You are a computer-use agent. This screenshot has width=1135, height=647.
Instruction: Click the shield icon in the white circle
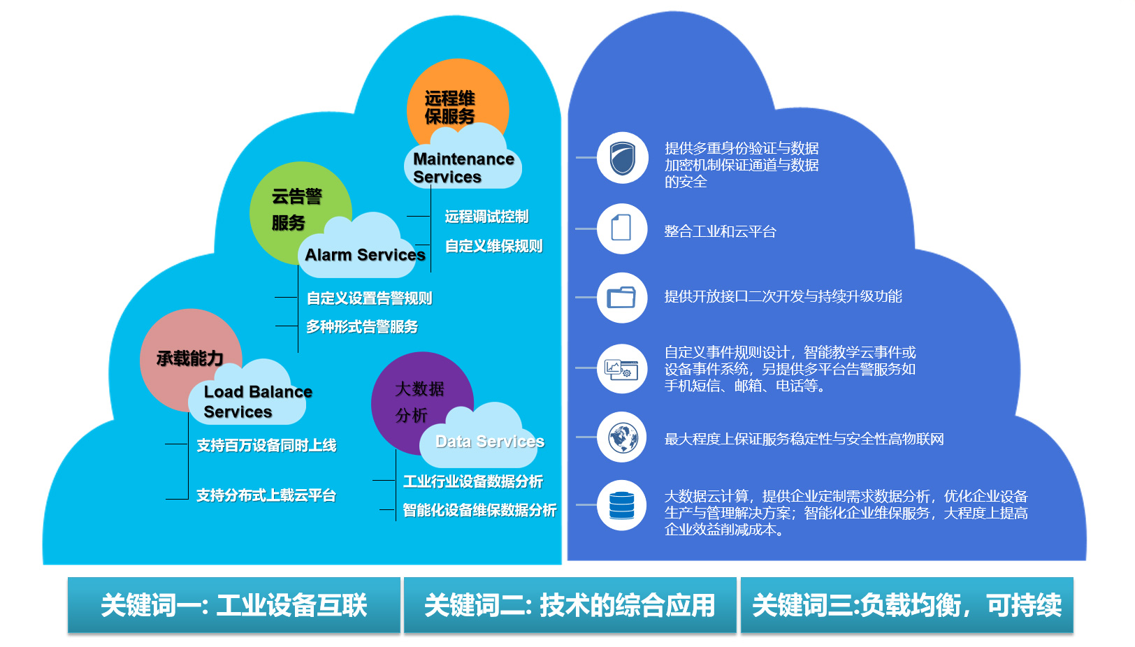coord(622,158)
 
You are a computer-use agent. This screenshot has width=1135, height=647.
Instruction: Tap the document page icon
coord(621,228)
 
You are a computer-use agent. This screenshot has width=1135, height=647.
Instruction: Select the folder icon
coord(622,297)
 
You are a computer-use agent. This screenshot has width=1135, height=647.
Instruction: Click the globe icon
coord(623,437)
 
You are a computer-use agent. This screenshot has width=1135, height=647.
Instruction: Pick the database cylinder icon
coord(622,506)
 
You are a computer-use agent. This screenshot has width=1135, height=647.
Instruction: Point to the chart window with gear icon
coord(621,369)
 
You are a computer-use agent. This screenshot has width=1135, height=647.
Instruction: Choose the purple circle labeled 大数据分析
coord(421,401)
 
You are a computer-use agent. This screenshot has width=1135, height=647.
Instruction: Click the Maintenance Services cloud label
coord(463,168)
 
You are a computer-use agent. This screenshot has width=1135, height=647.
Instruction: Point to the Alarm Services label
coord(365,255)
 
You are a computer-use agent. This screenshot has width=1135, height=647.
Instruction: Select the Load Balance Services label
coord(257,401)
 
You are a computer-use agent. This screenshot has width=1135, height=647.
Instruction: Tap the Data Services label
coord(490,442)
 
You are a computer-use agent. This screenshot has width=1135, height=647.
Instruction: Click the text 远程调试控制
coord(486,217)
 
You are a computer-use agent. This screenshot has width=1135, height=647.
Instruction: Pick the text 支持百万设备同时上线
coord(266,445)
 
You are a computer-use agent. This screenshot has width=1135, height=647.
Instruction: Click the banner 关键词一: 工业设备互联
coord(233,605)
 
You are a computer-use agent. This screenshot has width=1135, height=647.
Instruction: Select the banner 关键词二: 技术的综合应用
coord(570,605)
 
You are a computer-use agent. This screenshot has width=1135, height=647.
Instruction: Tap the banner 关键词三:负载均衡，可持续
coord(907,605)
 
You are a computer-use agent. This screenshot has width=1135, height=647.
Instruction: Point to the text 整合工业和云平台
coord(720,231)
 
